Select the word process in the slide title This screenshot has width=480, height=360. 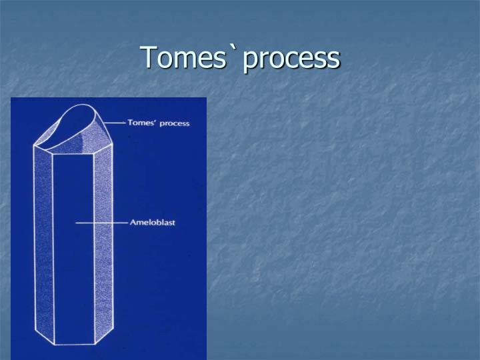pyautogui.click(x=291, y=60)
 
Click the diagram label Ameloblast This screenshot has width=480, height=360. pyautogui.click(x=152, y=222)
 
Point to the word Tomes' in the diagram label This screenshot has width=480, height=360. pyautogui.click(x=143, y=123)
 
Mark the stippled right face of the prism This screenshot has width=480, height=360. pyautogui.click(x=103, y=247)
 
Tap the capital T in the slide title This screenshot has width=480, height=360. pyautogui.click(x=148, y=58)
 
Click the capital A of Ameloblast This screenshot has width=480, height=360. pyautogui.click(x=131, y=222)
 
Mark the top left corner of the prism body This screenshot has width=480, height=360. pyautogui.click(x=34, y=144)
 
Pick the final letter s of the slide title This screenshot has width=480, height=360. pyautogui.click(x=333, y=60)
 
